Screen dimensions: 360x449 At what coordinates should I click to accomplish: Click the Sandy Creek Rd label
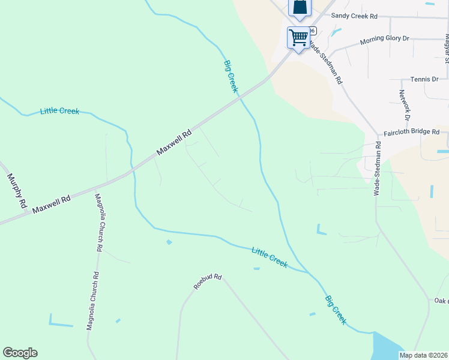[x=354, y=16]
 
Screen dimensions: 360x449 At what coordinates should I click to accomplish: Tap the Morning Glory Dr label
[x=384, y=40]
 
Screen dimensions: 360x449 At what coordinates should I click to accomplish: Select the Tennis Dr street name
[x=424, y=79]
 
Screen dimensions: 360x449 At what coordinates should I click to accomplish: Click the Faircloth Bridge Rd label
[x=412, y=132]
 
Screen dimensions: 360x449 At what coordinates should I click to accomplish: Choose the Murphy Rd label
[x=17, y=191]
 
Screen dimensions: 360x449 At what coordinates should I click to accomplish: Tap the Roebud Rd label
[x=208, y=281]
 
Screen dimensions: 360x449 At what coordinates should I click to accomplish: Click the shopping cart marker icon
[x=298, y=37]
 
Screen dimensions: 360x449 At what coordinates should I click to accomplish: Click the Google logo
[x=20, y=353]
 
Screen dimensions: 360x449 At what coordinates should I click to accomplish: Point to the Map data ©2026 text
[x=424, y=355]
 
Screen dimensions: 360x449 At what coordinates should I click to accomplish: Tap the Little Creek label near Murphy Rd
[x=59, y=111]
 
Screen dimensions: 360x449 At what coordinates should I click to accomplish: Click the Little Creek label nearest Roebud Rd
[x=270, y=257]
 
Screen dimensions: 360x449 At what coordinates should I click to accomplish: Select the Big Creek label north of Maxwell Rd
[x=231, y=76]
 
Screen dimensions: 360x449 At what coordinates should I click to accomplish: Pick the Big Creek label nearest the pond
[x=336, y=310]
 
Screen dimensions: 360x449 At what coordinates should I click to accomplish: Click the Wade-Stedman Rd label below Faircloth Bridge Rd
[x=378, y=169]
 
